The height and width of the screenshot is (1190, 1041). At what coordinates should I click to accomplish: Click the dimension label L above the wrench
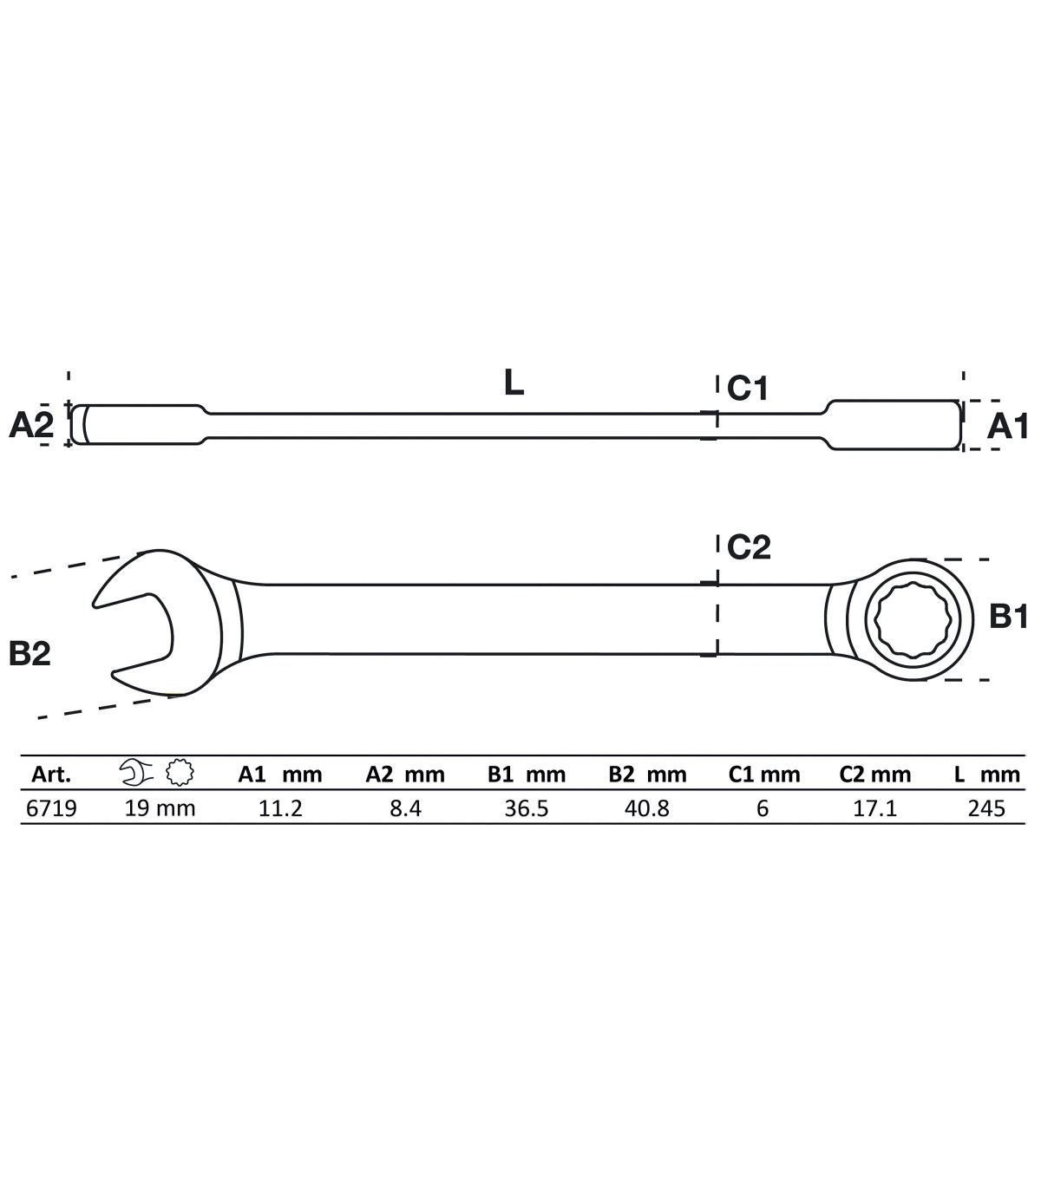click(514, 382)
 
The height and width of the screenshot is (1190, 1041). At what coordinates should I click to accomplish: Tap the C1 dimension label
click(748, 388)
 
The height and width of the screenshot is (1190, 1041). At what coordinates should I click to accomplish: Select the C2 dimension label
click(749, 546)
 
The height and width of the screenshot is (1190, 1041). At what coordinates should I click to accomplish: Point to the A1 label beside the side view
click(1008, 426)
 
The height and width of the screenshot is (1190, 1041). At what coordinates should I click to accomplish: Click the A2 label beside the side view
click(31, 425)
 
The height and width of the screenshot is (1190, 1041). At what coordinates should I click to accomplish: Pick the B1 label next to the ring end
click(1009, 616)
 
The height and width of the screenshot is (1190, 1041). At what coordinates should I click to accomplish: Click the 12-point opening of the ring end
click(913, 620)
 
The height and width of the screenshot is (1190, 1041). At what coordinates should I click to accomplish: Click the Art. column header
click(51, 775)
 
